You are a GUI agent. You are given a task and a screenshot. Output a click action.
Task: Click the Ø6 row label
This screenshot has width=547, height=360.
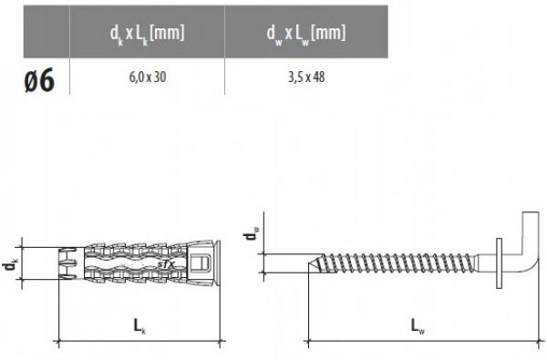click(36, 78)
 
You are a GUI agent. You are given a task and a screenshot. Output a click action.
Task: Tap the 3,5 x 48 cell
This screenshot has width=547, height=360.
click(306, 77)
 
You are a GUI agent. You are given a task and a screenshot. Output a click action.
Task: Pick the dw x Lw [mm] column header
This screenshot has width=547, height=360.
click(306, 35)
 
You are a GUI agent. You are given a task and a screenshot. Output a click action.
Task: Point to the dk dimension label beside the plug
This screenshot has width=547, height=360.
click(11, 263)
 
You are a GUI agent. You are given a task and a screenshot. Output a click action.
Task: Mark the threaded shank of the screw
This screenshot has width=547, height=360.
click(401, 262)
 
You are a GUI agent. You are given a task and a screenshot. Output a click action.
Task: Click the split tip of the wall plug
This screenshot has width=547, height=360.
click(68, 262)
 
